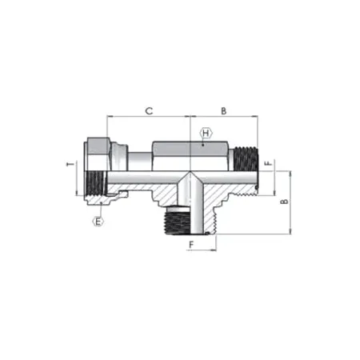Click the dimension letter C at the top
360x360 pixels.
point(148,111)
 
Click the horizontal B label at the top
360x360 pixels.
point(223,111)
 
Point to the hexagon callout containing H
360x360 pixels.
point(205,132)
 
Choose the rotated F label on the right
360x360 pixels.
point(269,165)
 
